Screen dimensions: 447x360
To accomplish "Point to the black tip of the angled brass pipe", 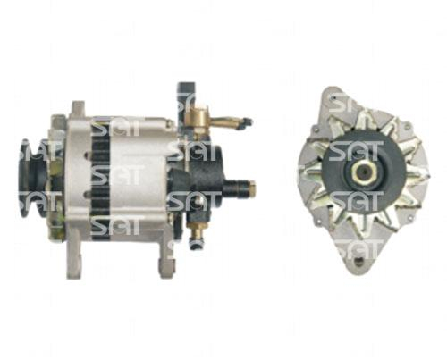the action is tap(247, 121).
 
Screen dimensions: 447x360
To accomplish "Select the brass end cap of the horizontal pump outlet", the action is tap(252, 187).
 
